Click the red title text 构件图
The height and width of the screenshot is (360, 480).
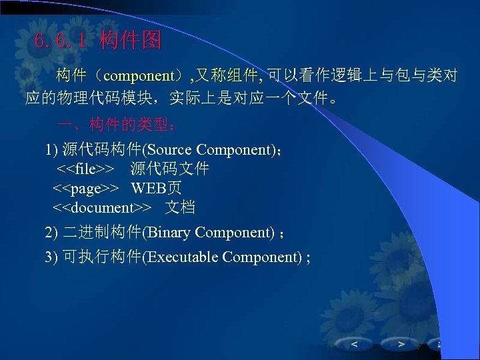click(130, 41)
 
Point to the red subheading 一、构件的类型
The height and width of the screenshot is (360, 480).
click(117, 125)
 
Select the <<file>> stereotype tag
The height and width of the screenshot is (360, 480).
click(85, 169)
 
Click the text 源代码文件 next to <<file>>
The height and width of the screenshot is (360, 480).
click(169, 169)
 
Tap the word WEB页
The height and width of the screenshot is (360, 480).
click(156, 188)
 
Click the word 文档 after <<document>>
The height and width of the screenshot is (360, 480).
click(180, 207)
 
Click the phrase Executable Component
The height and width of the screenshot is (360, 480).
click(223, 257)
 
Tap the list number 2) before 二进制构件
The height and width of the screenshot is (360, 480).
click(51, 233)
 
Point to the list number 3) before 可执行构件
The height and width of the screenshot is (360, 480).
click(51, 257)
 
